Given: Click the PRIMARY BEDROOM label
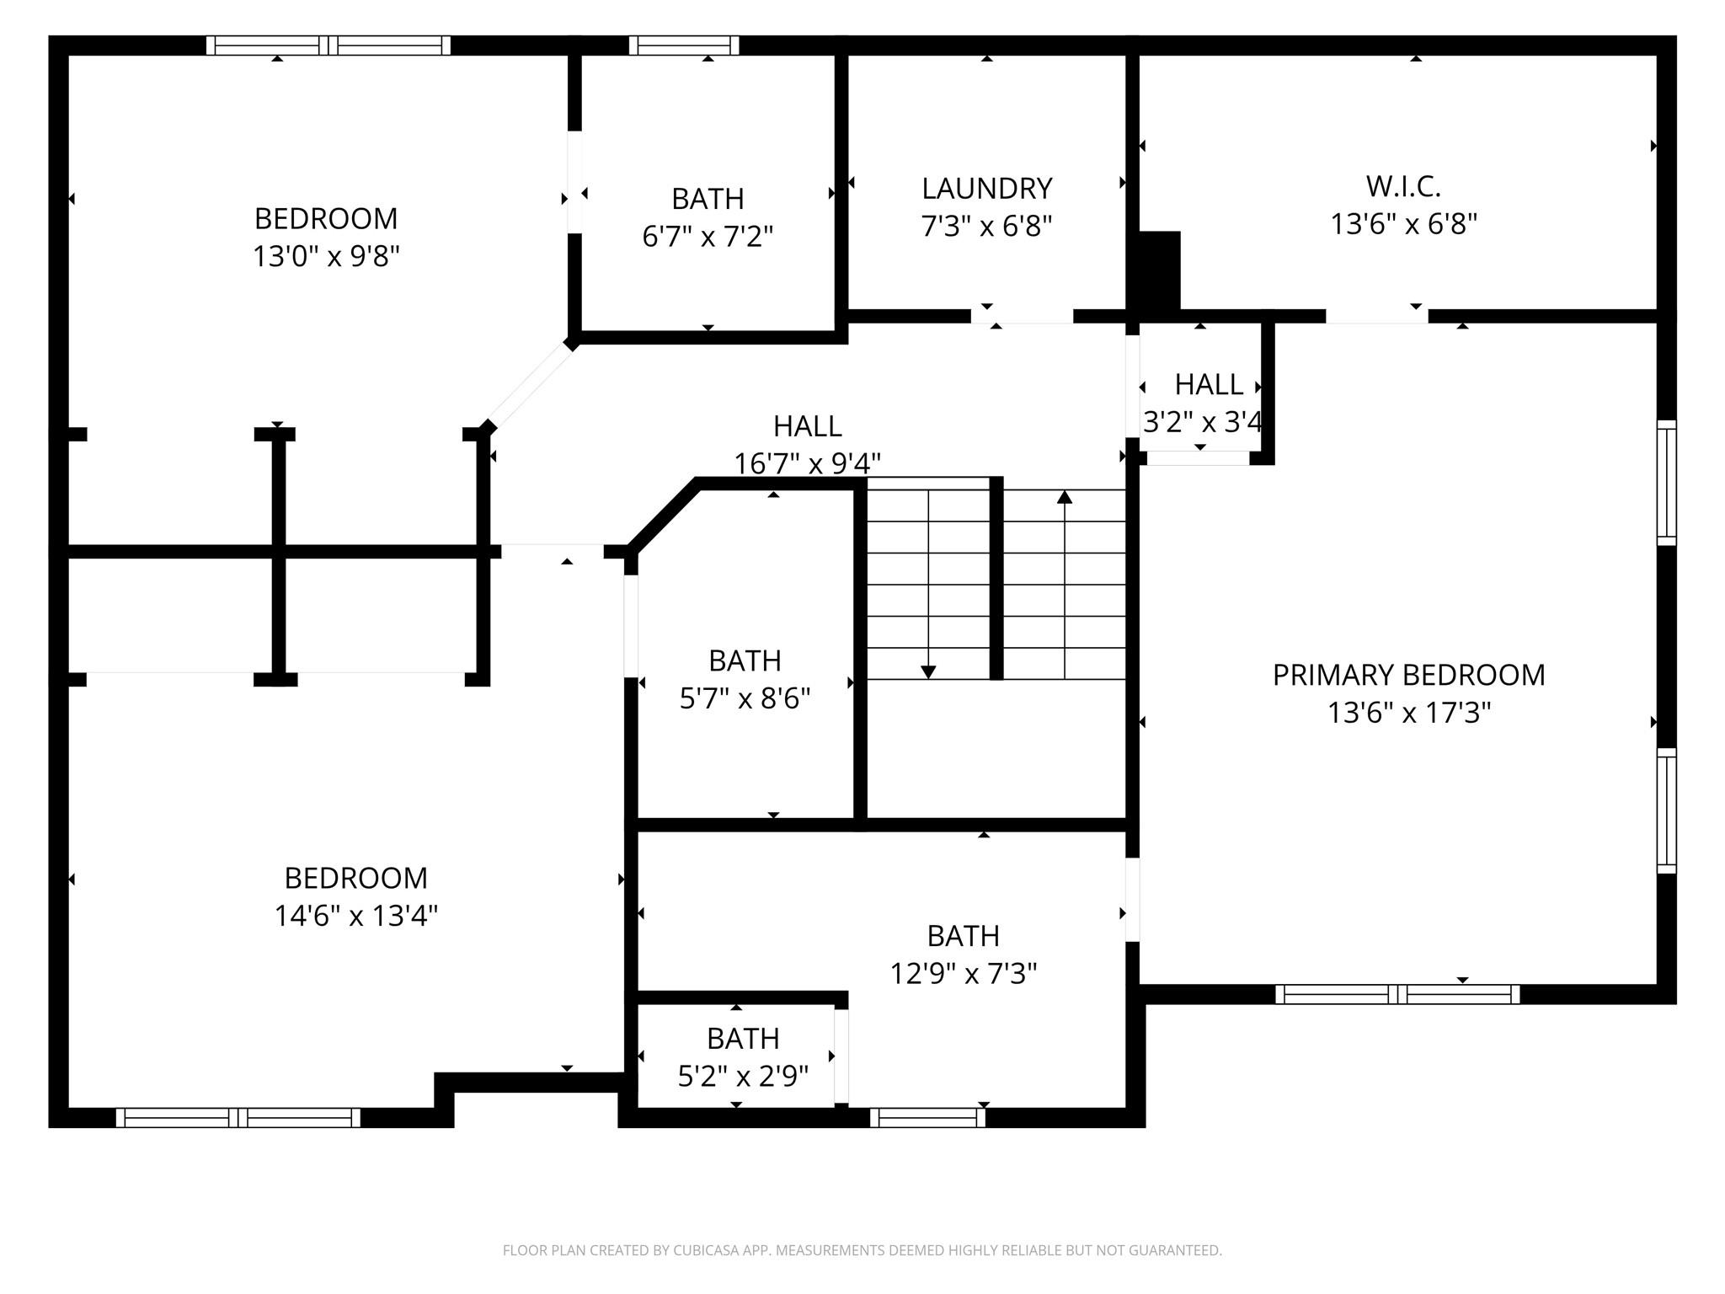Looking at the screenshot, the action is (1408, 675).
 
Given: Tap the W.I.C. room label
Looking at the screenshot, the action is (1403, 186).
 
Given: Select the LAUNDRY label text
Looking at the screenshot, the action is (986, 188).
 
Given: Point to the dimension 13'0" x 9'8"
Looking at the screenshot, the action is (326, 255).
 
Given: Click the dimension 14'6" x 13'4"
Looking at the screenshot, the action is (356, 915).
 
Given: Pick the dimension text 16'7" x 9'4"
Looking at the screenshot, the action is (807, 463).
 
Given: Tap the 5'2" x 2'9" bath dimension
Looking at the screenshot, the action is (743, 1076).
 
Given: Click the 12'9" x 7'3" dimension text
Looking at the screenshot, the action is (964, 973).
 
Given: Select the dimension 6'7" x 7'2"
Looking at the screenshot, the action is (708, 236).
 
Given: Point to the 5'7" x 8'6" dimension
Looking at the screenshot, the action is (745, 698).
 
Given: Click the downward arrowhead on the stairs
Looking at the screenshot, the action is (928, 671).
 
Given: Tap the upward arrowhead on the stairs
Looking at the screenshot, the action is (1065, 497).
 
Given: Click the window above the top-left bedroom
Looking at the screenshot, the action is (328, 45).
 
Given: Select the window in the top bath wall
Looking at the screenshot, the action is (684, 45).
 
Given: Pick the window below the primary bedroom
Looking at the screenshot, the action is (1397, 994).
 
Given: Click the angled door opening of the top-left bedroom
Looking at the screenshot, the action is (530, 387).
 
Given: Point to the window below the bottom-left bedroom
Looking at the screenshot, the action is (238, 1118).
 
